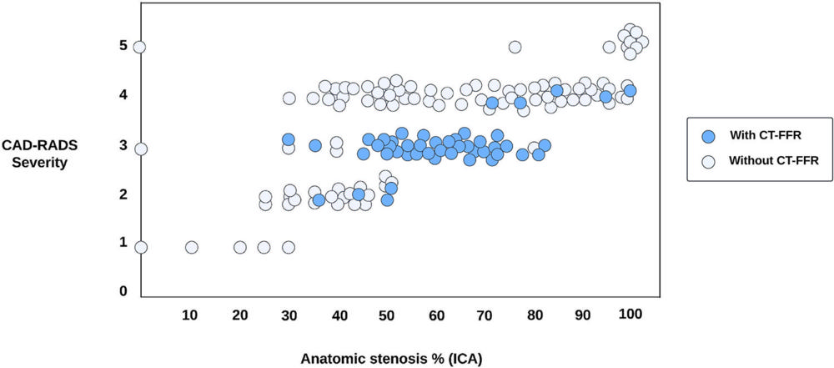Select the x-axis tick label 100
click(x=631, y=314)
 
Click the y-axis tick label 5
click(x=123, y=46)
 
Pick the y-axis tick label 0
click(x=123, y=291)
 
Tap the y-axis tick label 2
click(x=123, y=194)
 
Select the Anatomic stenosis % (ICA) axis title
click(x=391, y=357)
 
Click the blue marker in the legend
click(x=709, y=136)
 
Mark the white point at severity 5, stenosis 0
click(x=140, y=47)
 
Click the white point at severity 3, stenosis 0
click(x=141, y=149)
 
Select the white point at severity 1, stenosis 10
click(x=192, y=247)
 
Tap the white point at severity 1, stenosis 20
click(x=240, y=247)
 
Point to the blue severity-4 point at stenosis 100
click(x=630, y=90)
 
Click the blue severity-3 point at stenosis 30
click(x=289, y=139)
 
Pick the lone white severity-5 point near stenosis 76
click(x=515, y=47)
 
